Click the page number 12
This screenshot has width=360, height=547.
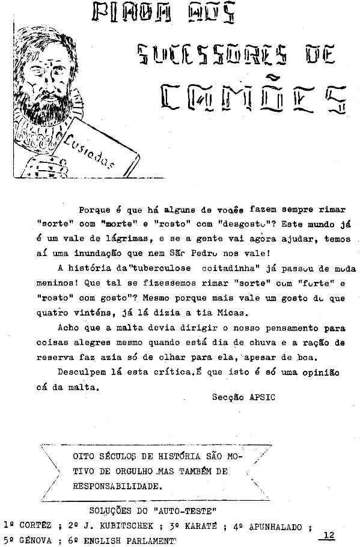[328, 535]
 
